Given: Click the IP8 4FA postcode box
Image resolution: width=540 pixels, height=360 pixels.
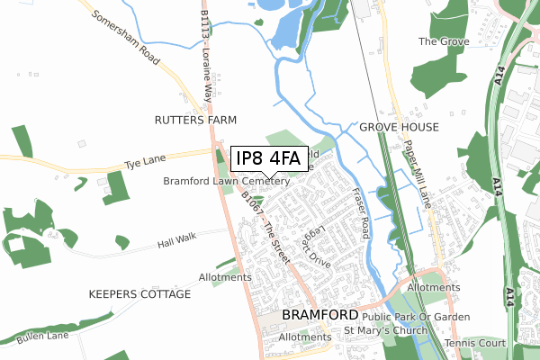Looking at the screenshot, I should [269, 158].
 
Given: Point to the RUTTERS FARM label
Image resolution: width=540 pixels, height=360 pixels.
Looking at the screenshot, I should [195, 120].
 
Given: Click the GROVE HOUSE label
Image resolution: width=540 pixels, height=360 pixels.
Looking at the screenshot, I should [399, 128].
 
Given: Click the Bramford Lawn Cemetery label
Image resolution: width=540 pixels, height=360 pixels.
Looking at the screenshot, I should [226, 181].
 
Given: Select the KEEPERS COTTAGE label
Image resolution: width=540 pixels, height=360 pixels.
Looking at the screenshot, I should [139, 294].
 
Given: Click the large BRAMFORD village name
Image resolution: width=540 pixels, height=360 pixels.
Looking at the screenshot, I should [319, 315].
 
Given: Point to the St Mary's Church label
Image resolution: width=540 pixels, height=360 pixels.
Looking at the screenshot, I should [387, 330].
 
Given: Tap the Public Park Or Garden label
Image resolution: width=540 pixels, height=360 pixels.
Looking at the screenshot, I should [417, 316].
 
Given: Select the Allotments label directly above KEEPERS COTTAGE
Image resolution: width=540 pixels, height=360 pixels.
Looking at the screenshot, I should [225, 277].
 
